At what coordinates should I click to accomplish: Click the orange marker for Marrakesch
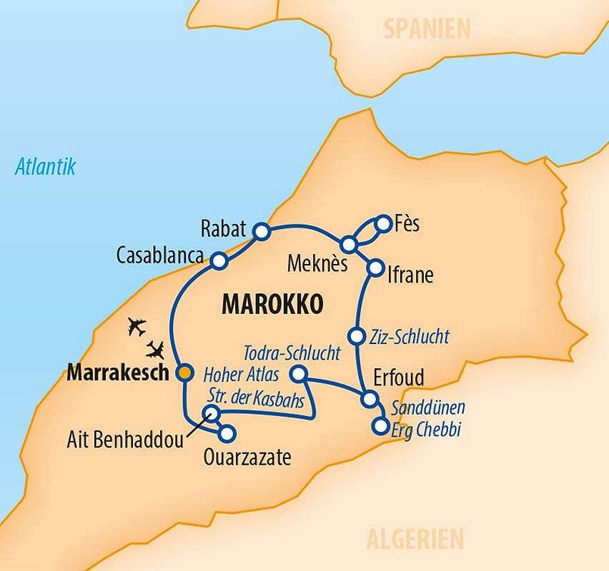(184, 372)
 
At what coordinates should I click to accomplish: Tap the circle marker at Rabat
(262, 231)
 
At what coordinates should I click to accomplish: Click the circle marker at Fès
(383, 222)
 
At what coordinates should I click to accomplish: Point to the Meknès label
(317, 264)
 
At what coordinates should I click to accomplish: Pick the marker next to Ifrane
(375, 268)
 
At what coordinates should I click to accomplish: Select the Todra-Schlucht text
(292, 353)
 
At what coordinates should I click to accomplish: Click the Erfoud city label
(399, 377)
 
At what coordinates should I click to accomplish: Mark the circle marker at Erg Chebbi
(380, 427)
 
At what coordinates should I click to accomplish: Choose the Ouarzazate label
(248, 458)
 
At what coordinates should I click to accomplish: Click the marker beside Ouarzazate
(227, 433)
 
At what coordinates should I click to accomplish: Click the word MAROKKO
(272, 303)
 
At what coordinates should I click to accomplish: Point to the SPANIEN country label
(427, 29)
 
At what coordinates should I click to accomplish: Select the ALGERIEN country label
(415, 538)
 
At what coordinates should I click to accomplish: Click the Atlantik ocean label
(46, 168)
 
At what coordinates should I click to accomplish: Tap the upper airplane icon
(137, 328)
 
